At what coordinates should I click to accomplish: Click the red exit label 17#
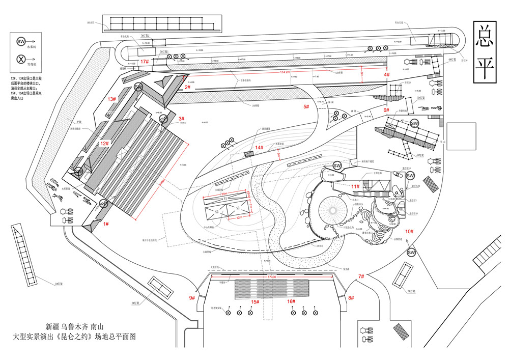point(145,62)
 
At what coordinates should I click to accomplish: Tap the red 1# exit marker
point(106,224)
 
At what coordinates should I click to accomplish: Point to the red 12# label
point(104,144)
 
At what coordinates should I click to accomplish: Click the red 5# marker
point(306,106)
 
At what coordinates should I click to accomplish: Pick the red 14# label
point(260,148)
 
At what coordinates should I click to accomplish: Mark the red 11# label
point(355,187)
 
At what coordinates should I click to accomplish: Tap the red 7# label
point(361,276)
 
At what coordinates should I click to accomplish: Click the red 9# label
point(192,297)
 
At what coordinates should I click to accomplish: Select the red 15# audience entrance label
point(254,301)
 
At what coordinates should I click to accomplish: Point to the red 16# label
point(291,301)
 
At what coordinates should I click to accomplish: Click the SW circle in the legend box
point(21,41)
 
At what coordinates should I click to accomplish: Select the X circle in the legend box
point(21,59)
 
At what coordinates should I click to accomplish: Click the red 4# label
point(387,75)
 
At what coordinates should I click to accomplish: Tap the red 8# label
point(351,297)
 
